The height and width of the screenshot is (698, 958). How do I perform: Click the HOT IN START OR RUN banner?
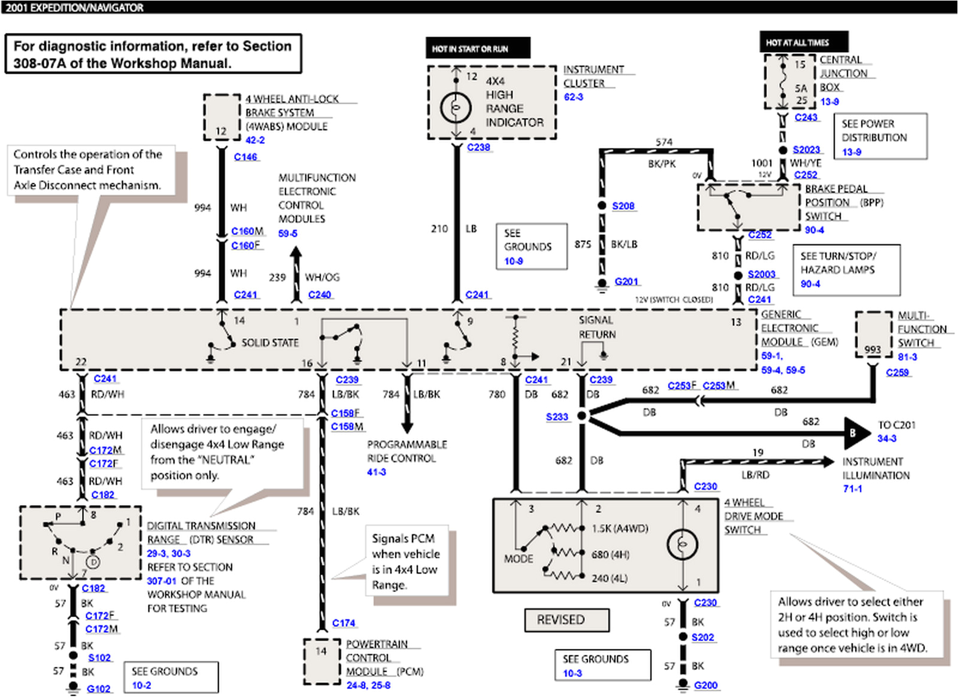pos(477,48)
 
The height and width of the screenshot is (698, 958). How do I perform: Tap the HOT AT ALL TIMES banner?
pos(803,43)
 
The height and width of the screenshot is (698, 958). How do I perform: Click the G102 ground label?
pos(99,688)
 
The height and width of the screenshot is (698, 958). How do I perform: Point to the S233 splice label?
pos(557,417)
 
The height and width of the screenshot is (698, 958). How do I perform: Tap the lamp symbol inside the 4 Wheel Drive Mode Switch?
pos(682,544)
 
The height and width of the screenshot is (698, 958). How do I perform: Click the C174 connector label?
pos(344,623)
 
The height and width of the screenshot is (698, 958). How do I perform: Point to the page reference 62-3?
pos(573,97)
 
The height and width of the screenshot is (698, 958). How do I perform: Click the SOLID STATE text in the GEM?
pos(269,342)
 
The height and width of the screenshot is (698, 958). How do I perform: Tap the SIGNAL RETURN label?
pos(596,327)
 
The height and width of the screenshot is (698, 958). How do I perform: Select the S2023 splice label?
pos(806,150)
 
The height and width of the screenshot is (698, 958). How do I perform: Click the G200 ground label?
pos(705,685)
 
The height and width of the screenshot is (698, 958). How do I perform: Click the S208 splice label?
pos(623,206)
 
